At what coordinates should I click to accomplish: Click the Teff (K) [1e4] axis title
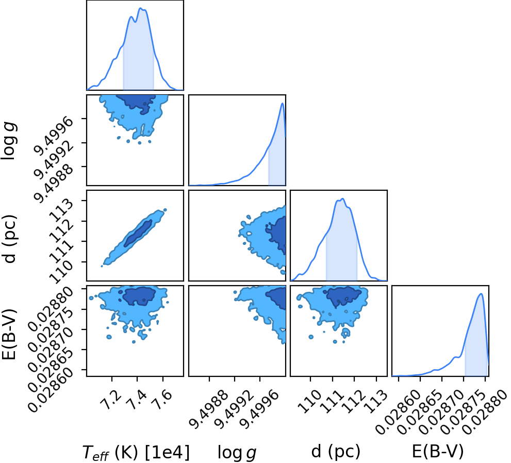pyautogui.click(x=136, y=453)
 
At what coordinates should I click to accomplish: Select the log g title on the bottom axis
pyautogui.click(x=237, y=453)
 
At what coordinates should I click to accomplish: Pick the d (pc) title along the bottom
pyautogui.click(x=336, y=451)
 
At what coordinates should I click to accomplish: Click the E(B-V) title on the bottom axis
pyautogui.click(x=438, y=451)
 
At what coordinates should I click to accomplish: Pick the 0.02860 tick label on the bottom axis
pyautogui.click(x=394, y=412)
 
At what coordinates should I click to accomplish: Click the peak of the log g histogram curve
pyautogui.click(x=283, y=103)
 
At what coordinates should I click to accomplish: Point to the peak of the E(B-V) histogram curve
pyautogui.click(x=481, y=293)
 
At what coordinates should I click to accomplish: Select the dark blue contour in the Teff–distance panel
pyautogui.click(x=138, y=233)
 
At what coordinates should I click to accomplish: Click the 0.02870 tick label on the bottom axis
pyautogui.click(x=438, y=412)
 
